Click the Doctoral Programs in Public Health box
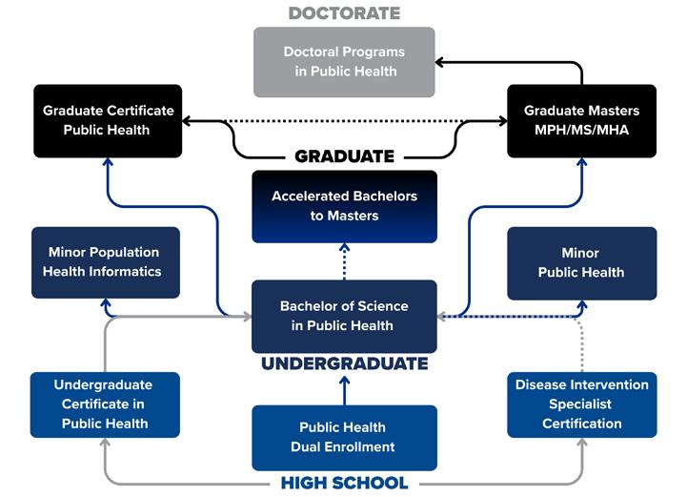(x=344, y=61)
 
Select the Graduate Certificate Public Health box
(x=107, y=120)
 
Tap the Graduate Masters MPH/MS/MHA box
(x=581, y=120)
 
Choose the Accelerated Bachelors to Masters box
(x=344, y=206)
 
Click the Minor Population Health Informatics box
(x=105, y=262)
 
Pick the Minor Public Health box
(x=581, y=262)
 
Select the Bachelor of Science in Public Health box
(x=344, y=316)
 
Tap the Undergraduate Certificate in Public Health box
(x=105, y=404)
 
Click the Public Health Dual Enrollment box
(x=344, y=437)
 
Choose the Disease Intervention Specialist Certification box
(x=581, y=404)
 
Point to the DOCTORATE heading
(x=344, y=13)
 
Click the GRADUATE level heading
(x=344, y=156)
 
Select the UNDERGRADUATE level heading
(x=344, y=363)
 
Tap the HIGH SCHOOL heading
(x=344, y=483)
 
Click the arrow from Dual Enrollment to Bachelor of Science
(x=344, y=389)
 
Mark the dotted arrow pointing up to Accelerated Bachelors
(x=344, y=260)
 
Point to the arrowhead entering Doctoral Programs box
(x=441, y=62)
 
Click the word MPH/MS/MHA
(x=581, y=130)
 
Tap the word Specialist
(x=581, y=404)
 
